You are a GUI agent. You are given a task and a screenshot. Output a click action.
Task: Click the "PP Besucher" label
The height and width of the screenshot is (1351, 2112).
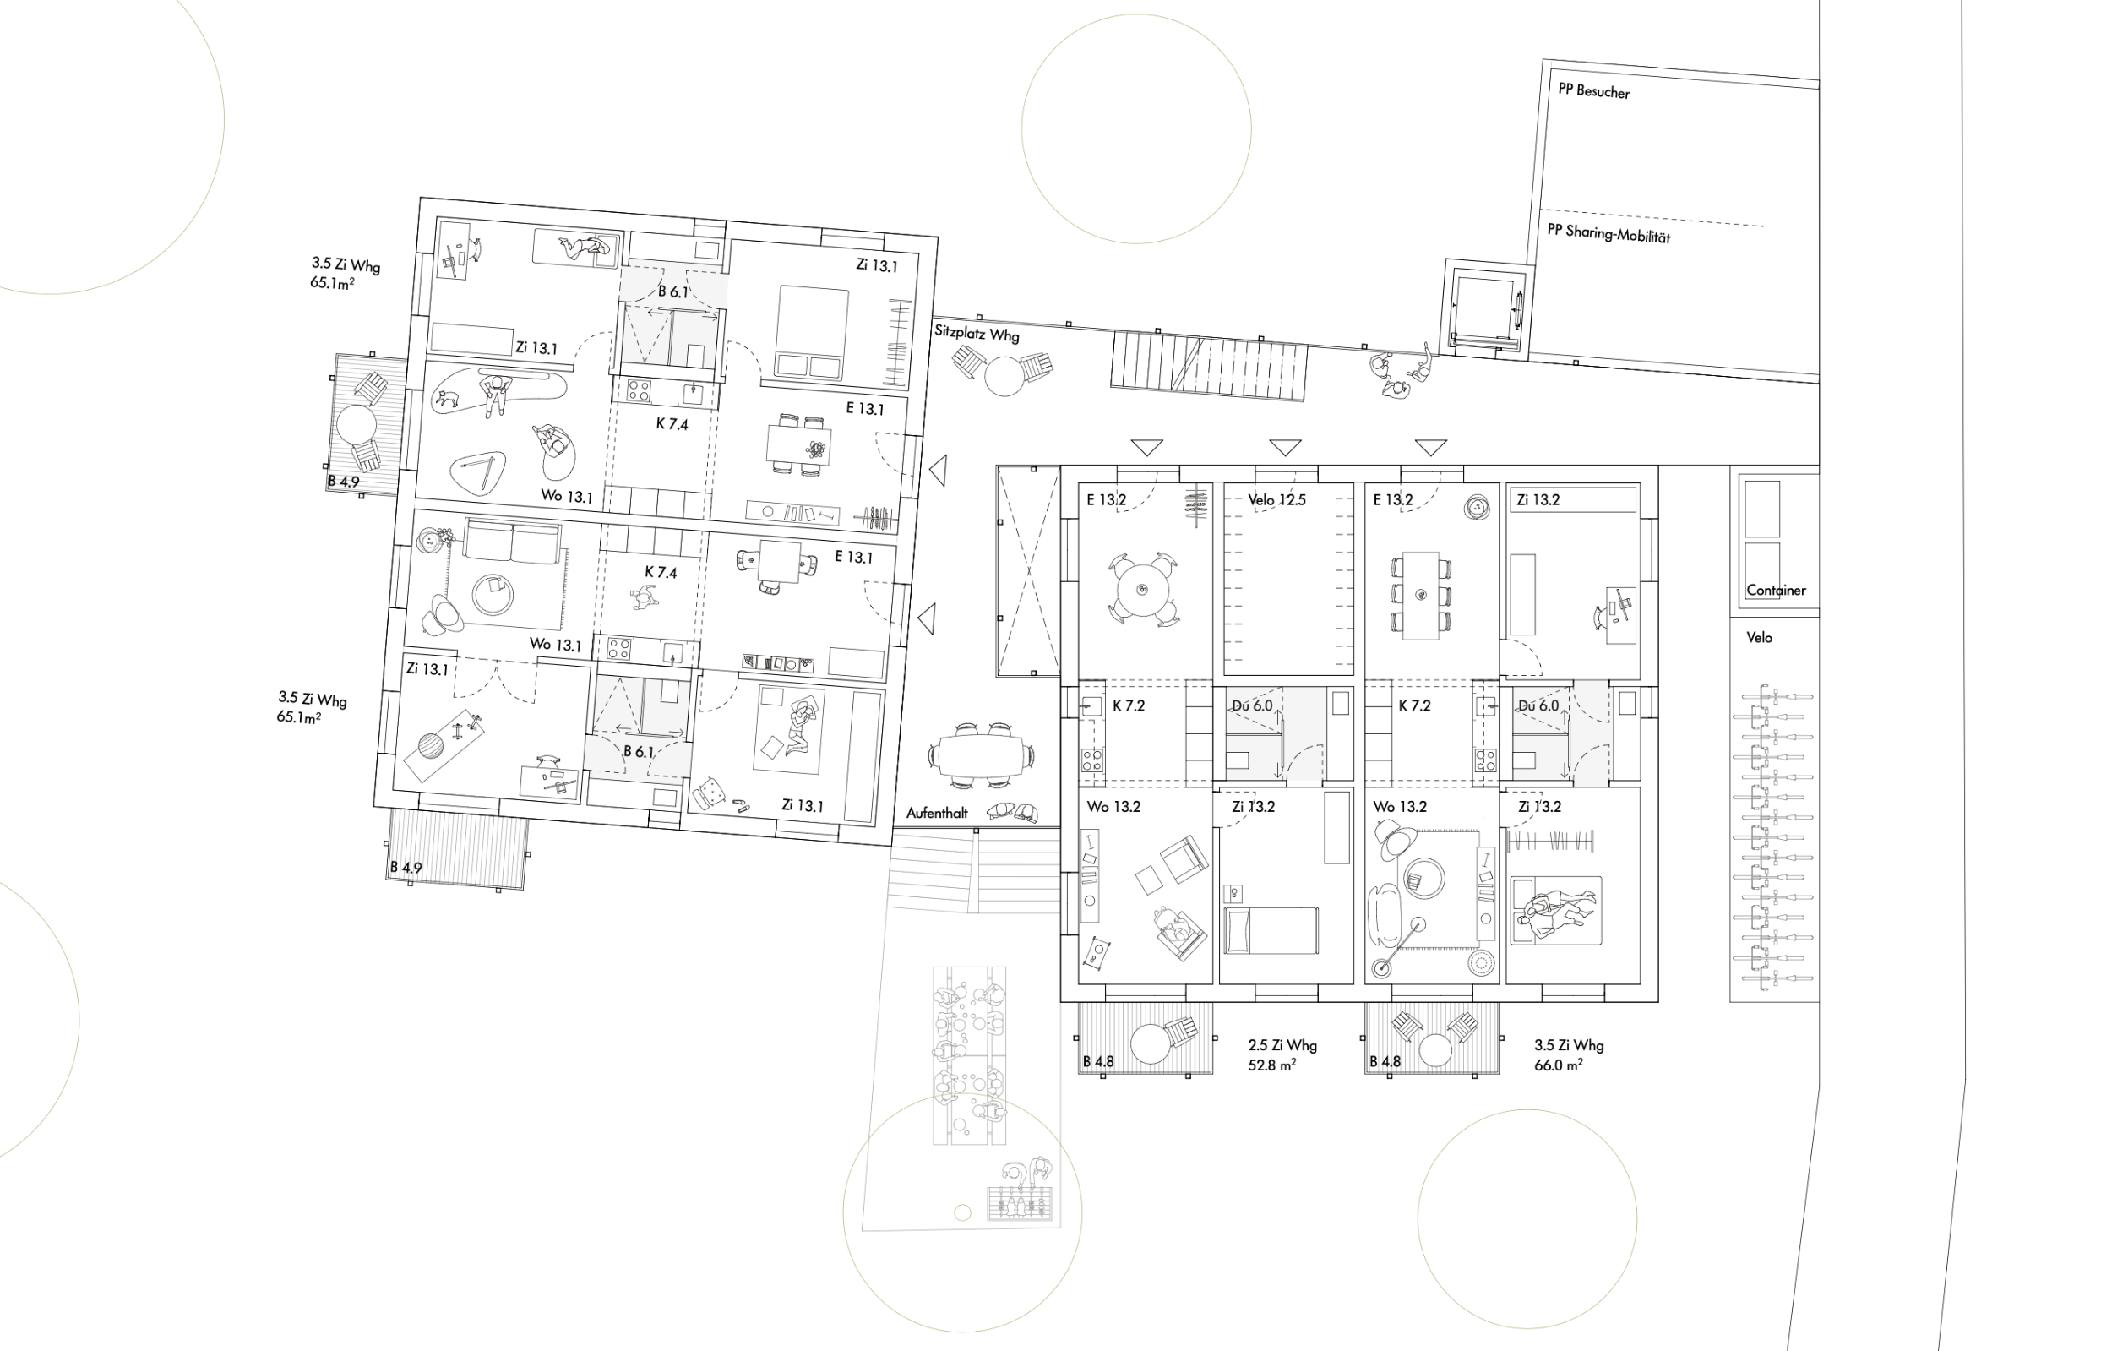click(x=1593, y=91)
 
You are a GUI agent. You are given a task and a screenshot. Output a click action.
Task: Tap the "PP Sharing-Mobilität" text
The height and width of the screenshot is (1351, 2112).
click(x=1608, y=233)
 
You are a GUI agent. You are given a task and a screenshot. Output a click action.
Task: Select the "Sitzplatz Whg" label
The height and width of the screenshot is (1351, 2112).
click(x=977, y=334)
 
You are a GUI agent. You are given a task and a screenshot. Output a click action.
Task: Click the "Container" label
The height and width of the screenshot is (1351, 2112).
click(x=1776, y=591)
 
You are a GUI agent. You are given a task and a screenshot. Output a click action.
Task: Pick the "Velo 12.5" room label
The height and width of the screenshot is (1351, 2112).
click(x=1277, y=500)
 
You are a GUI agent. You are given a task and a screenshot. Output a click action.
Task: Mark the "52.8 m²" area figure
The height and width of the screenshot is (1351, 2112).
click(x=1271, y=1065)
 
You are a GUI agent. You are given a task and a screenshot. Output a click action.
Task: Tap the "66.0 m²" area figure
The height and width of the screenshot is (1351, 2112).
click(x=1559, y=1065)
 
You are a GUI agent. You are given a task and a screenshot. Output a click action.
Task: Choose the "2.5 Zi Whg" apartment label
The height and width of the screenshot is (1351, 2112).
click(x=1282, y=1045)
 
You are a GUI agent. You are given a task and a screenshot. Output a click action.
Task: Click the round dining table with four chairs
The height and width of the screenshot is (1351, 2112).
click(x=1142, y=589)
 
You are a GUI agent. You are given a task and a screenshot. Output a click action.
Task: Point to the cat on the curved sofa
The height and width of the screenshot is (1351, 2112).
click(x=446, y=399)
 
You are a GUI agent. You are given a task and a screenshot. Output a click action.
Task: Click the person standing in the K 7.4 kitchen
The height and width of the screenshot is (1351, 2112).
click(x=644, y=598)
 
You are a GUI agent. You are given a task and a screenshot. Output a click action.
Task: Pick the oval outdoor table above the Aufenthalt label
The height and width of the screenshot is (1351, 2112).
click(x=982, y=754)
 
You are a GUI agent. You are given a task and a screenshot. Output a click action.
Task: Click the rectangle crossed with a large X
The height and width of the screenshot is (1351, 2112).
click(x=1029, y=571)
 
